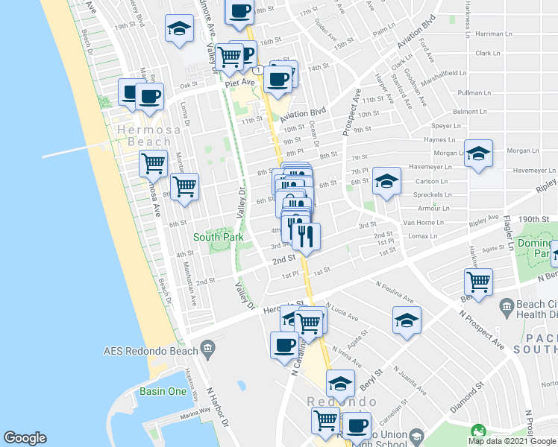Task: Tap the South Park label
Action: [x=219, y=237]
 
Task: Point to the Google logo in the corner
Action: [x=25, y=438]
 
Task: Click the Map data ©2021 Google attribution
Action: [x=512, y=441]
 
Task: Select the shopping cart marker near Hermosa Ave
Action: [x=154, y=162]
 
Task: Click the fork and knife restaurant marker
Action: [x=305, y=236]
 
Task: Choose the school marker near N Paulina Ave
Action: [x=407, y=320]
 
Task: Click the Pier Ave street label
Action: [x=239, y=84]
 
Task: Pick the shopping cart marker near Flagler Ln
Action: [x=478, y=282]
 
